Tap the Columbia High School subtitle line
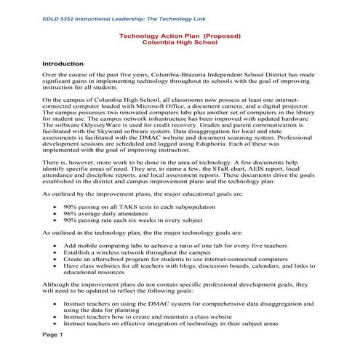pos(179,43)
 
